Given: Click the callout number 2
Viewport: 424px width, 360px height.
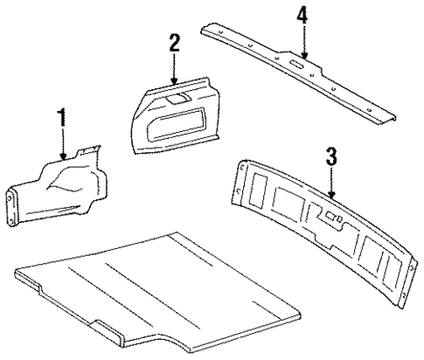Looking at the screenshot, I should pos(174,41).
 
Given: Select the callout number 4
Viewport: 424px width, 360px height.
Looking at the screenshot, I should pos(302,16).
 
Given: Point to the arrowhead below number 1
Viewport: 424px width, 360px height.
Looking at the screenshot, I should pos(63,157).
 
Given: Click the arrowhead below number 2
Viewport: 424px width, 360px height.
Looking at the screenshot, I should pos(174,78).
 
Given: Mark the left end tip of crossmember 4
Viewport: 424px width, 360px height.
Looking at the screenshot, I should pos(203,29).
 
